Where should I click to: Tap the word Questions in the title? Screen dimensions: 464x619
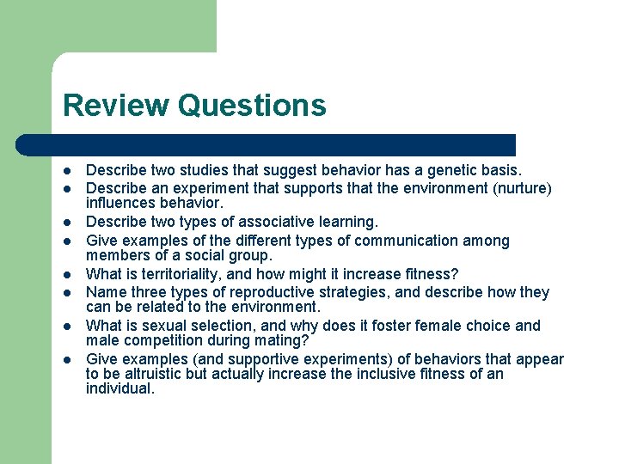click(253, 106)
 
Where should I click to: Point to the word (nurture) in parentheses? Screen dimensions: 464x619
click(520, 188)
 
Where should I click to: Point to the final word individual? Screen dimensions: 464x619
click(120, 389)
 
